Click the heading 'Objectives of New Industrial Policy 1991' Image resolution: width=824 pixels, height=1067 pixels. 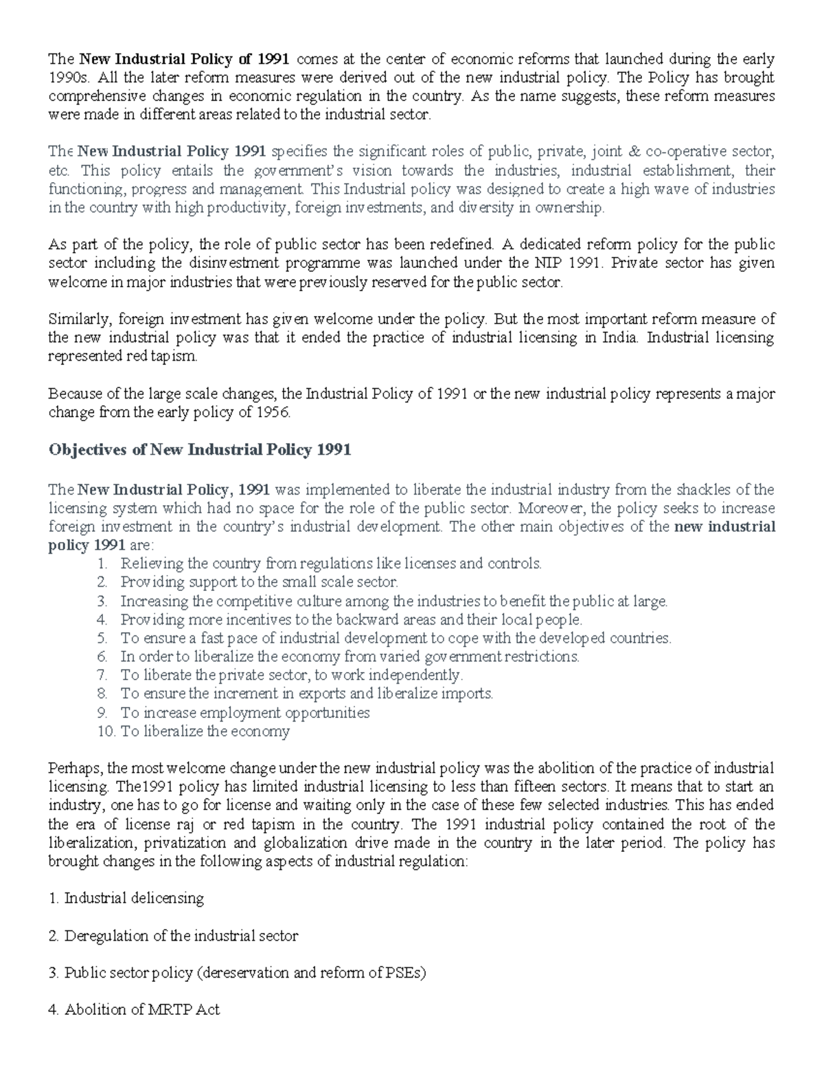199,450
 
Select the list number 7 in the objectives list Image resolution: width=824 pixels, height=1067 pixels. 103,675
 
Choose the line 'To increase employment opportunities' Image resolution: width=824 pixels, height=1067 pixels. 244,712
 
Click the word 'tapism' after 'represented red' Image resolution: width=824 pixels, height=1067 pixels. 172,357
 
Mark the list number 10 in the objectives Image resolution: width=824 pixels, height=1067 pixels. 106,731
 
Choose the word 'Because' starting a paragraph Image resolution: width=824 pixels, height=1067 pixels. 73,394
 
